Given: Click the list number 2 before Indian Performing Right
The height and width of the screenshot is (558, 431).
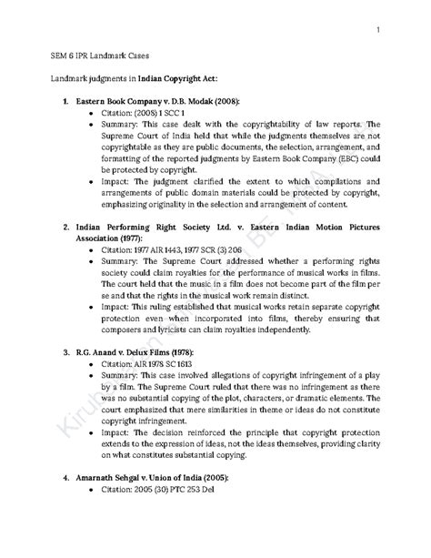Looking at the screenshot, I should pos(65,225).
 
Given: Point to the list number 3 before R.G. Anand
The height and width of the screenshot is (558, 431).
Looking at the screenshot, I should pos(65,350).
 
